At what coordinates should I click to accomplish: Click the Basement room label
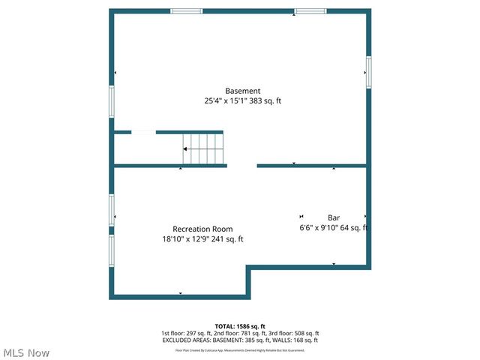click(243, 91)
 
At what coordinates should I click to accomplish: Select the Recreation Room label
click(202, 229)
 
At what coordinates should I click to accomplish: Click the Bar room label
click(334, 217)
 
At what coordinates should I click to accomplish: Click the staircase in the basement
click(203, 148)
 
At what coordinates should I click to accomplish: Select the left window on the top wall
click(186, 11)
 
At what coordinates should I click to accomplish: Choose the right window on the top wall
click(310, 11)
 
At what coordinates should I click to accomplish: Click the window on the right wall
click(368, 72)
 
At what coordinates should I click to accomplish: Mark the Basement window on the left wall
click(112, 101)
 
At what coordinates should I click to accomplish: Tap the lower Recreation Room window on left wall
click(112, 251)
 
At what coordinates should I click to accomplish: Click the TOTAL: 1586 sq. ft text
click(240, 326)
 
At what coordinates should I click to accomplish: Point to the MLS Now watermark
click(25, 352)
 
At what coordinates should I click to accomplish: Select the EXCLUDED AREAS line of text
click(240, 340)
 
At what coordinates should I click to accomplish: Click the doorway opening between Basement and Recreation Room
click(241, 165)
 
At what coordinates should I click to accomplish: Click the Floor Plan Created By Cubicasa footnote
click(240, 349)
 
